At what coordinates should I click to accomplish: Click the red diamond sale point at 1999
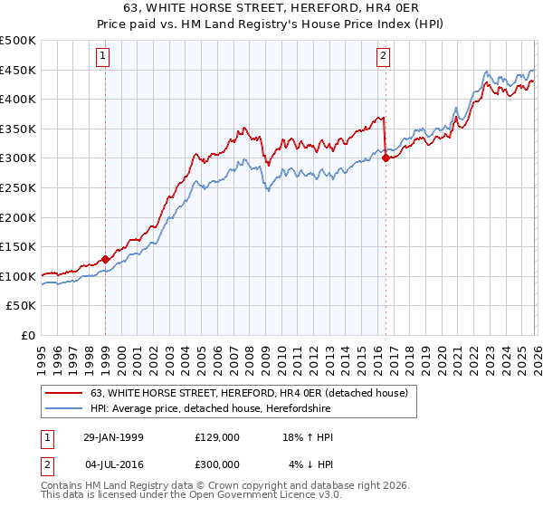click(106, 259)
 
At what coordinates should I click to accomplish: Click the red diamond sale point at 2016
click(386, 158)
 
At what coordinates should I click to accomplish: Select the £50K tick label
click(22, 306)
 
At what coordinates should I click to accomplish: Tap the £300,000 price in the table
click(216, 464)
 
